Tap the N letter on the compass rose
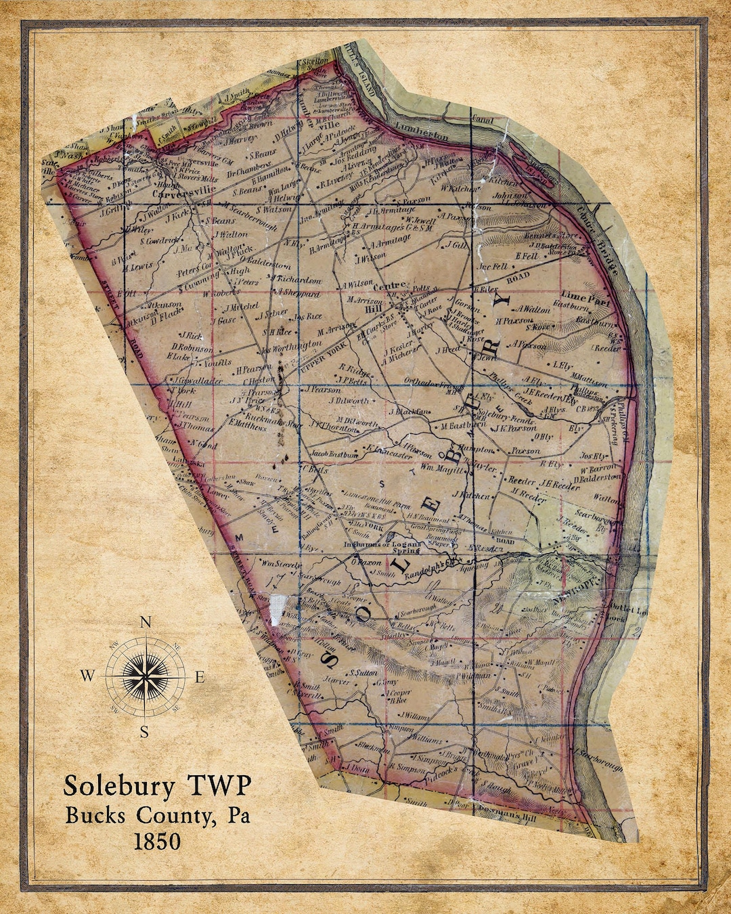pyautogui.click(x=145, y=623)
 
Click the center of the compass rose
pyautogui.click(x=145, y=676)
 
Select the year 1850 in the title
pyautogui.click(x=157, y=841)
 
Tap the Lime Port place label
pyautogui.click(x=585, y=296)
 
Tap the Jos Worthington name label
pyautogui.click(x=292, y=347)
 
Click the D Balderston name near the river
pyautogui.click(x=597, y=478)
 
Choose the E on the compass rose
pyautogui.click(x=200, y=676)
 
